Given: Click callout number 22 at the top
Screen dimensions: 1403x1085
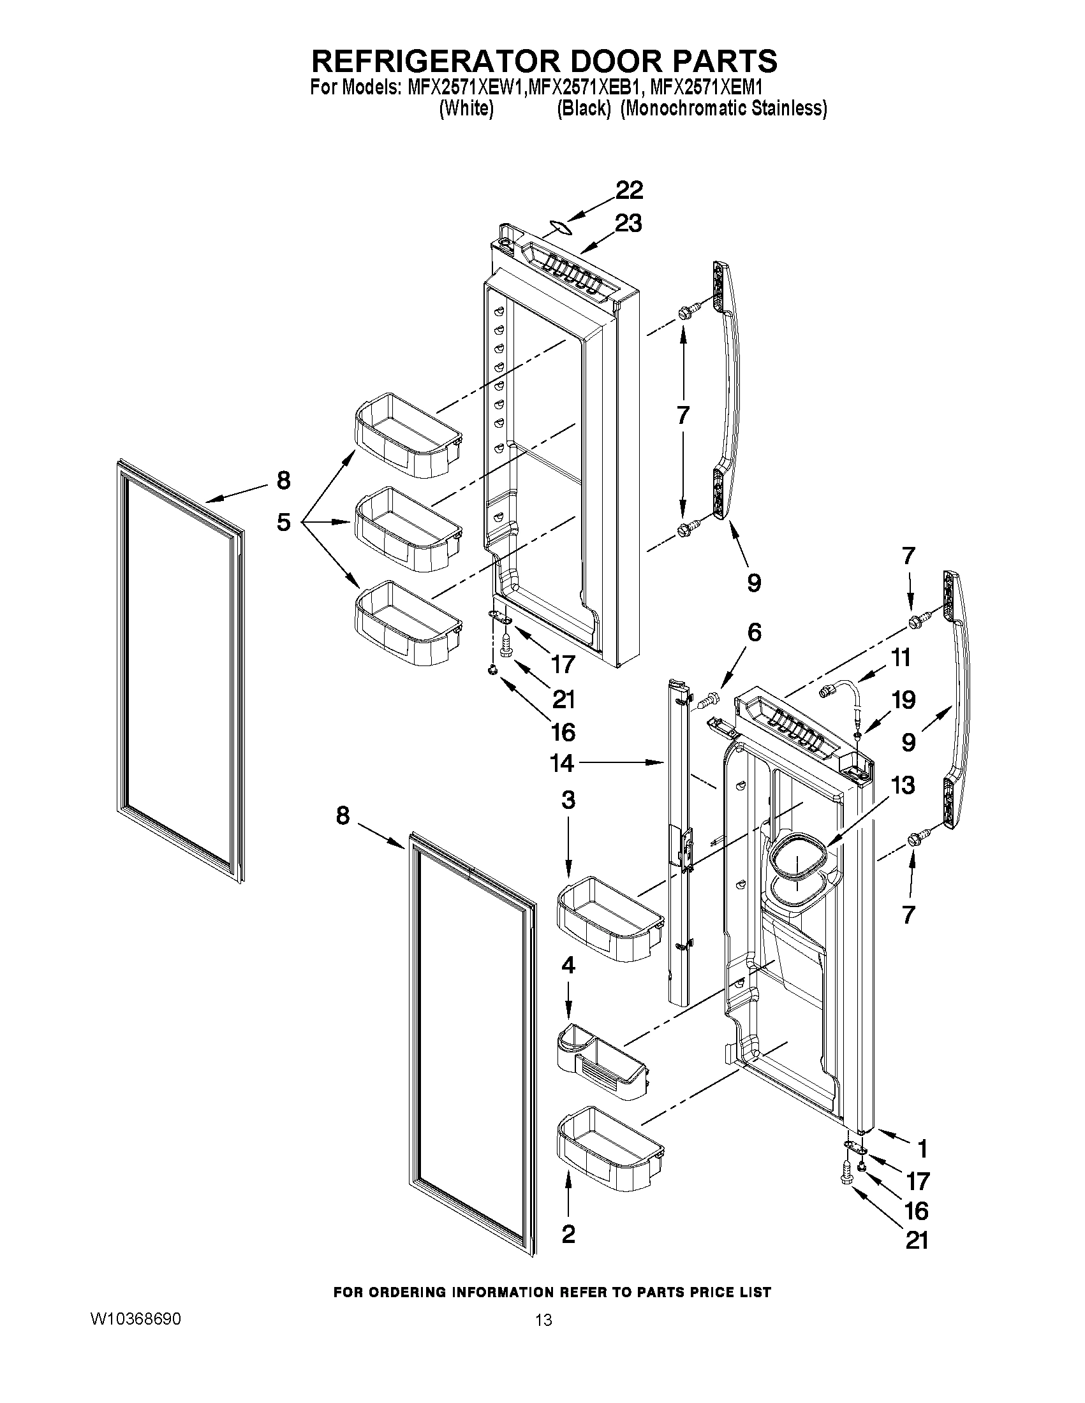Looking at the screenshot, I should point(630,190).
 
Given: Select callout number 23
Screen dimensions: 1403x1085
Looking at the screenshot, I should point(628,224).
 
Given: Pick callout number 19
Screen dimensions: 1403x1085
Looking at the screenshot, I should point(903,699).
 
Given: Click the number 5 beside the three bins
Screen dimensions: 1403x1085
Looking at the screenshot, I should point(283,521).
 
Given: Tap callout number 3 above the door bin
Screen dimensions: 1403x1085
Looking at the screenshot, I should point(568,800).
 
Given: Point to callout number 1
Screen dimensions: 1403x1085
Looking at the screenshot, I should point(922,1147).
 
